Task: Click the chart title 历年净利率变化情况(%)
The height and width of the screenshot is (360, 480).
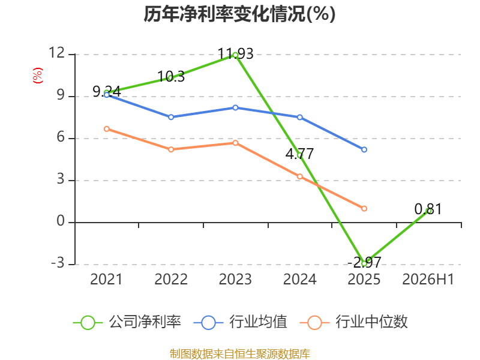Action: [239, 14]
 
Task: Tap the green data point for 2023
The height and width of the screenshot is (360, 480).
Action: [235, 55]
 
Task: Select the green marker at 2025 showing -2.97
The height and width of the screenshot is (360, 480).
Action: [364, 263]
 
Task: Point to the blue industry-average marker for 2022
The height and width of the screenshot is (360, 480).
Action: [171, 117]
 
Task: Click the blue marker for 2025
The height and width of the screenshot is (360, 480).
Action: [364, 149]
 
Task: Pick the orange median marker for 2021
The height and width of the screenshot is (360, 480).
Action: [107, 129]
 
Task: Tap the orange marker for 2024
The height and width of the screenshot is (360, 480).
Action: [299, 176]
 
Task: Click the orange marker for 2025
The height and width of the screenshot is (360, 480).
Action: [364, 208]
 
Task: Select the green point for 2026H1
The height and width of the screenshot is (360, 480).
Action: [428, 211]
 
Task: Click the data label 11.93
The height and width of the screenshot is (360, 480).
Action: [235, 54]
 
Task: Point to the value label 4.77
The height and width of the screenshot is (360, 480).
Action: [299, 154]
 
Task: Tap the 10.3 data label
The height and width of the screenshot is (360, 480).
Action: [171, 77]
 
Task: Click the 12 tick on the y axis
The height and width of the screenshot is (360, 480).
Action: [57, 53]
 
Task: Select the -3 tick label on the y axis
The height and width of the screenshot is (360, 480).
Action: [58, 263]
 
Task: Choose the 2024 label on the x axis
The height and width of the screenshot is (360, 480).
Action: [299, 279]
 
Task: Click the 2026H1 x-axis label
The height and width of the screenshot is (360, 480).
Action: [428, 279]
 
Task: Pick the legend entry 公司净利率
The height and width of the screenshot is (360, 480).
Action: [127, 322]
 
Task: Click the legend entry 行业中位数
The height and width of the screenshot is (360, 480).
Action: [353, 322]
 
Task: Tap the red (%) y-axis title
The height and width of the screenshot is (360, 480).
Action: [38, 76]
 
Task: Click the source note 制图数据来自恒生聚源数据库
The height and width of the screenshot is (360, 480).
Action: [239, 354]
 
